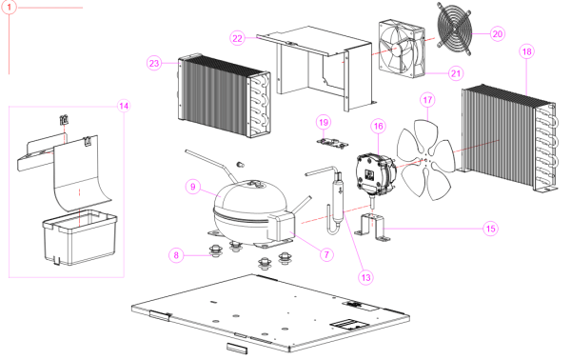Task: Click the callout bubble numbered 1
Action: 10,7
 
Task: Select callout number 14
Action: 124,106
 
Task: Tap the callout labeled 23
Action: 154,64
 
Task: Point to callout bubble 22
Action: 237,38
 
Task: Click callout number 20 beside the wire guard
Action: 498,34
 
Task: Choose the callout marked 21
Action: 456,73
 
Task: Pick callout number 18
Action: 527,51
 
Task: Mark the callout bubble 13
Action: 366,278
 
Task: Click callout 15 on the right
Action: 491,229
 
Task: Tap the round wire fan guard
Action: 455,30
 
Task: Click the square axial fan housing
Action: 402,49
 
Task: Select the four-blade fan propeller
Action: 425,160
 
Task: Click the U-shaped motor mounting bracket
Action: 372,228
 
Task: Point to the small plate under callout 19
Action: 332,143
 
